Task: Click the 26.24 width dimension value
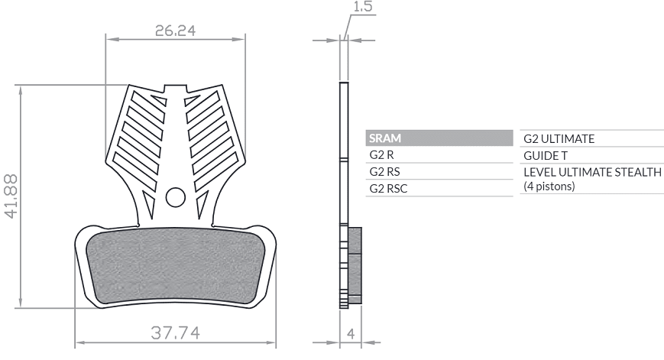pos(175,31)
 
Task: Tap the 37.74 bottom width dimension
pos(175,333)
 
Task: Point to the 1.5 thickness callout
pos(363,6)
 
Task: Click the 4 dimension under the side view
pos(351,334)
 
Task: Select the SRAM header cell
pos(439,138)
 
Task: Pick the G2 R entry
pos(381,155)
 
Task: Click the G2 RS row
pos(384,171)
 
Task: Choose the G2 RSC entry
pos(388,189)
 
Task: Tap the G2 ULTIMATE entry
pos(559,139)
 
